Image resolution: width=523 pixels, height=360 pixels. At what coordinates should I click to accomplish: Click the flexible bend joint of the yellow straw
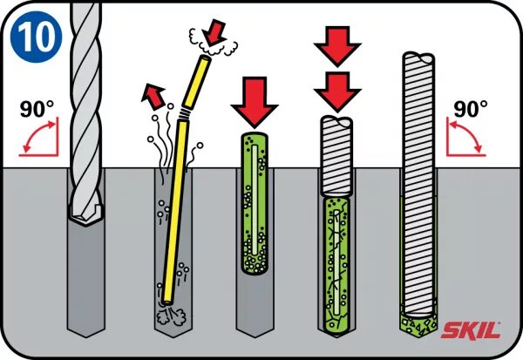[182, 113]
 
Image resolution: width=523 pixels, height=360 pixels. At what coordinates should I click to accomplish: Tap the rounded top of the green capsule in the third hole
[253, 140]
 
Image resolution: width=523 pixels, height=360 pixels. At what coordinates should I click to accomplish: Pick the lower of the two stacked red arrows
[337, 90]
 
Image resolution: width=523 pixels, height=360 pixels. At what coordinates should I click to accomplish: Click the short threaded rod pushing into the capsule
[337, 157]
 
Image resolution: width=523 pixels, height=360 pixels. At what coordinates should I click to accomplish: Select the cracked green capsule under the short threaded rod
[337, 262]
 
